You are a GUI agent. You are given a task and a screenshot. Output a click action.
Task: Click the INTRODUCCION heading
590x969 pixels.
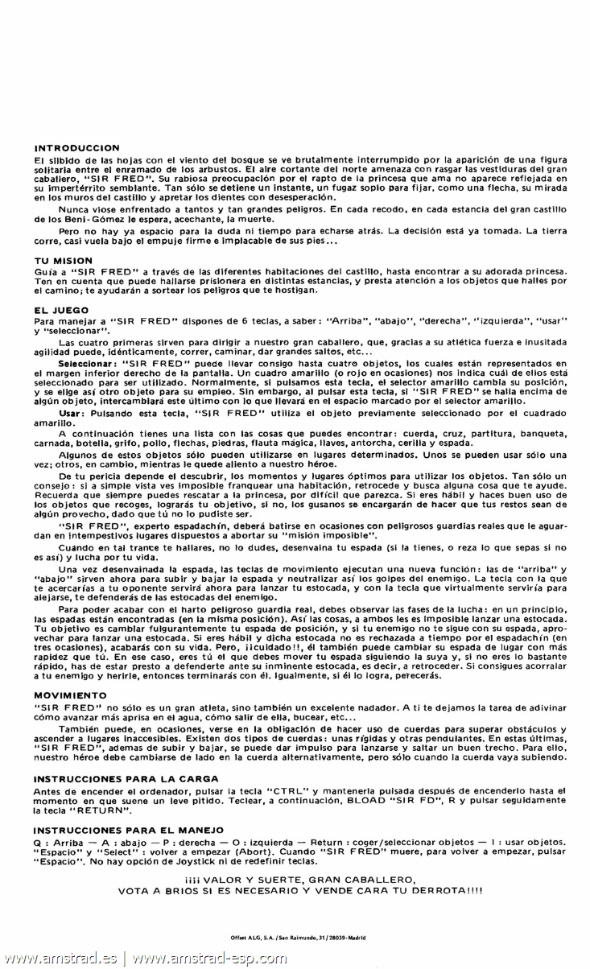[x=77, y=148]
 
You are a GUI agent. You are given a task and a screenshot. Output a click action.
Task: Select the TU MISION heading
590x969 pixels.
[x=64, y=261]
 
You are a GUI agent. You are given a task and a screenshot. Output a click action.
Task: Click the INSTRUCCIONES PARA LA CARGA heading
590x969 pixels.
[x=126, y=778]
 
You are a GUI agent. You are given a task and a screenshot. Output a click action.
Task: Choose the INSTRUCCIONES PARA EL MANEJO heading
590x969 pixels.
[x=130, y=828]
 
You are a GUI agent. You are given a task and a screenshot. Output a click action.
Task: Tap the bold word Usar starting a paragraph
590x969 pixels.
[x=71, y=413]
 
